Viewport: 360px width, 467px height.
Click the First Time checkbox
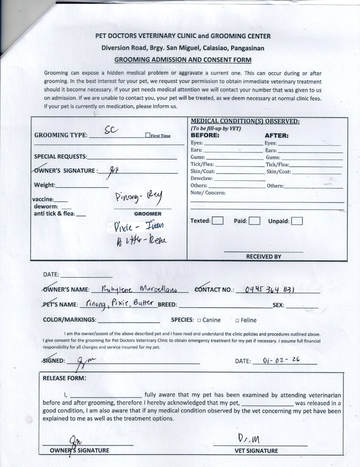click(148, 135)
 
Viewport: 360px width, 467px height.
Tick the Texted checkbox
click(218, 221)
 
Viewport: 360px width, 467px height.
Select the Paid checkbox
click(254, 221)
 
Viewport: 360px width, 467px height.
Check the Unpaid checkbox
click(297, 221)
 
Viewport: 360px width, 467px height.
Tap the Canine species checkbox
click(199, 320)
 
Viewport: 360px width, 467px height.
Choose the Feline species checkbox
click(237, 320)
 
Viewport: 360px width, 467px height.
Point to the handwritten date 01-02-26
click(281, 359)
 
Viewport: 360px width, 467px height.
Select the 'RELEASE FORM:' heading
click(64, 378)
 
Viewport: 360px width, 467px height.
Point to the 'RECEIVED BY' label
click(264, 256)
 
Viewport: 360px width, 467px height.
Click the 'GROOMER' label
click(148, 214)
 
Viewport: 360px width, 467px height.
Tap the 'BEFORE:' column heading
click(205, 135)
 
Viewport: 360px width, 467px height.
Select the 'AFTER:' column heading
click(276, 136)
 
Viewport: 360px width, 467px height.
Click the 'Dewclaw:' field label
click(202, 178)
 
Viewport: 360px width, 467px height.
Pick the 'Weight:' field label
click(45, 185)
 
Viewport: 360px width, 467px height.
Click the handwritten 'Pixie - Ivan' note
click(138, 226)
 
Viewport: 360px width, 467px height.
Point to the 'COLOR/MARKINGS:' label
click(70, 320)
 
